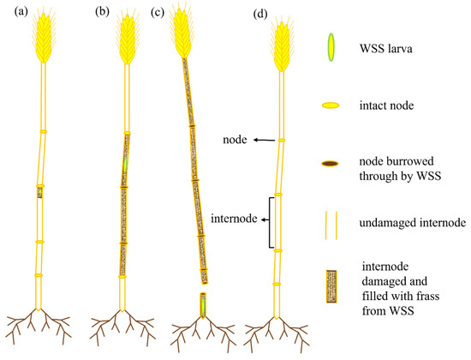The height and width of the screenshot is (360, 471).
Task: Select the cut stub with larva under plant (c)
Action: click(202, 305)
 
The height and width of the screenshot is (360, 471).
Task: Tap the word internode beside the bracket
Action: click(232, 219)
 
